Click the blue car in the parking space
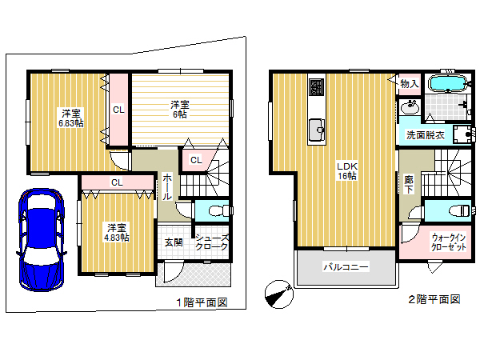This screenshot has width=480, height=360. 42,240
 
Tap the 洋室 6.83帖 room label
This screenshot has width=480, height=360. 71,118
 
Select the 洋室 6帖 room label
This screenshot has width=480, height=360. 180,110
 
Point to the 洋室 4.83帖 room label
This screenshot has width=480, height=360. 116,233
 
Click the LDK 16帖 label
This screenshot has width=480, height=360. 347,171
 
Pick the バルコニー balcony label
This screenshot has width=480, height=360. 346,267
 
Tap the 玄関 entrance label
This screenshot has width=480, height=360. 174,242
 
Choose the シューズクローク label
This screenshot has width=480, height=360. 212,242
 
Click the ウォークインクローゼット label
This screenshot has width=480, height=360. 449,242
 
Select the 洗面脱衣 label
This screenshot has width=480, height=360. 426,135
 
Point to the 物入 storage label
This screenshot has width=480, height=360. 410,83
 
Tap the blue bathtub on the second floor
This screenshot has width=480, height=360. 447,83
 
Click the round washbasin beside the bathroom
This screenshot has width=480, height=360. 410,107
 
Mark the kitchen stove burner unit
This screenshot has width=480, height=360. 317,87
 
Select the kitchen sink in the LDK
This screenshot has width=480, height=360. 317,130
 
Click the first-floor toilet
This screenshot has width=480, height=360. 218,210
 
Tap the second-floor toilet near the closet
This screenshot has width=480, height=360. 459,210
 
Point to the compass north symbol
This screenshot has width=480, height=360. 279,294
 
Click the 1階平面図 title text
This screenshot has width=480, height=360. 202,302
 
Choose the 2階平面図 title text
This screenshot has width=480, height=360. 434,299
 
